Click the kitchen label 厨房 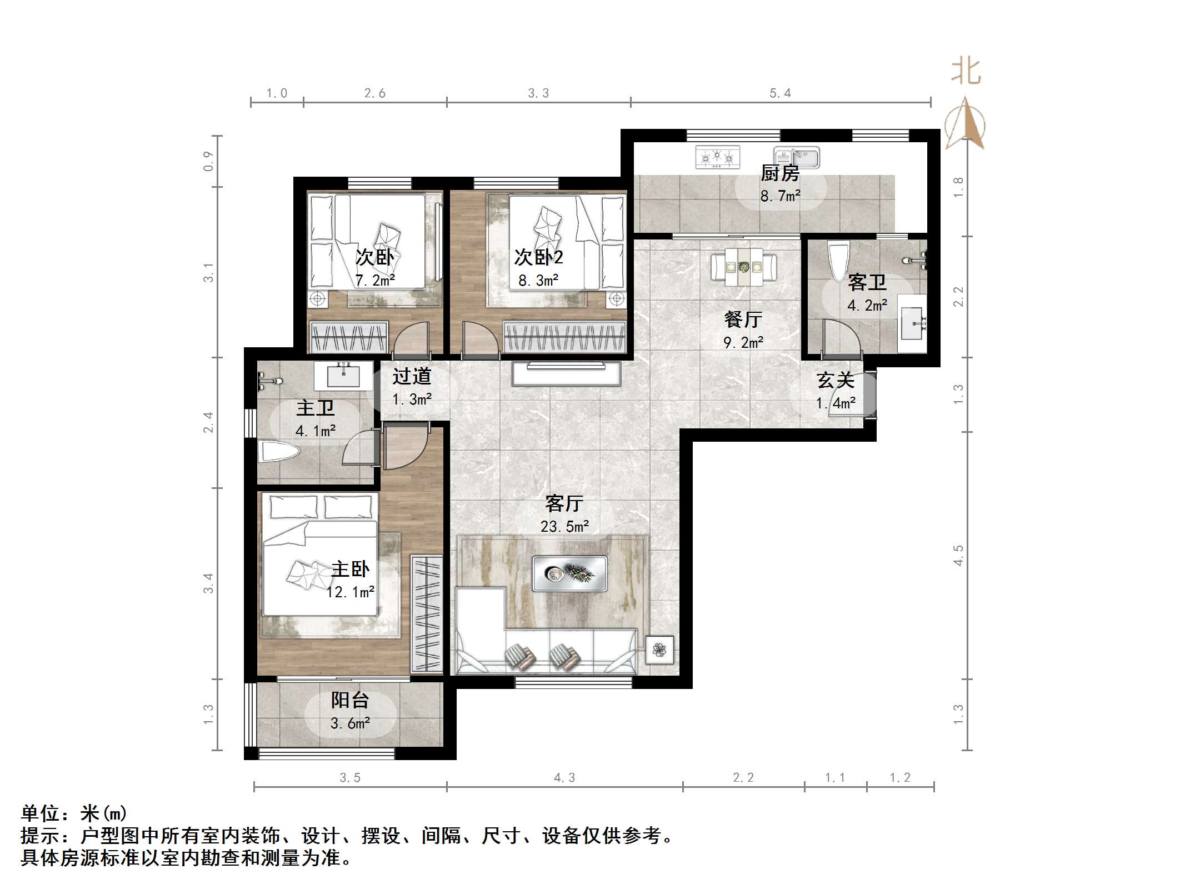coord(779,174)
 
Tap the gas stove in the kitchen coord(717,157)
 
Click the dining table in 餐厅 coord(744,268)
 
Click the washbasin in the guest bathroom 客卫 coord(911,323)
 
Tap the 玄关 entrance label coord(835,381)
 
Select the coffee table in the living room coord(569,573)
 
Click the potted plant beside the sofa coord(659,650)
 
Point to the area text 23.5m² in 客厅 coord(564,526)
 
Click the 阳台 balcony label coord(349,700)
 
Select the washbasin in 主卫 coord(343,376)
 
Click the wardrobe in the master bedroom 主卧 coord(426,613)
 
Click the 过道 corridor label coord(412,376)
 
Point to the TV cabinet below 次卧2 coord(566,374)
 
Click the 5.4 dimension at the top coord(780,93)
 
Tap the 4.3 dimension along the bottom coord(564,777)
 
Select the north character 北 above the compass coord(966,72)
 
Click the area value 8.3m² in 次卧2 coord(538,281)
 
